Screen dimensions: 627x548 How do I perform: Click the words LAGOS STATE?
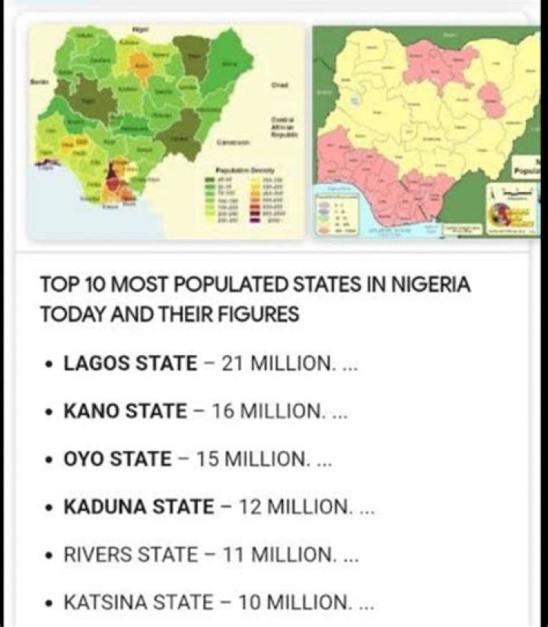tap(129, 363)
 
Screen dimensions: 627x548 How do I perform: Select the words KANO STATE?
tap(125, 411)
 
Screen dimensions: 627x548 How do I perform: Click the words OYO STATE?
tap(118, 459)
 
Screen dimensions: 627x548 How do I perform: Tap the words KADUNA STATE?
tap(139, 507)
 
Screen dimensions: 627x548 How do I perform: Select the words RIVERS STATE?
tap(130, 555)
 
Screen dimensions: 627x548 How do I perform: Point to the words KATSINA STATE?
tap(139, 603)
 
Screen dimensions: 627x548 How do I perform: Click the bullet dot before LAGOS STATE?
tap(49, 364)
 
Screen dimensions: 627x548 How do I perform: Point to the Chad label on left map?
tap(279, 85)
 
